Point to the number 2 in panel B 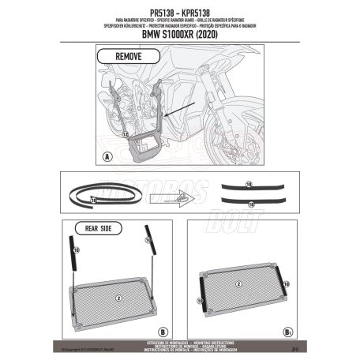click(x=118, y=298)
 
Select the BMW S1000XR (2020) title click(x=179, y=35)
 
